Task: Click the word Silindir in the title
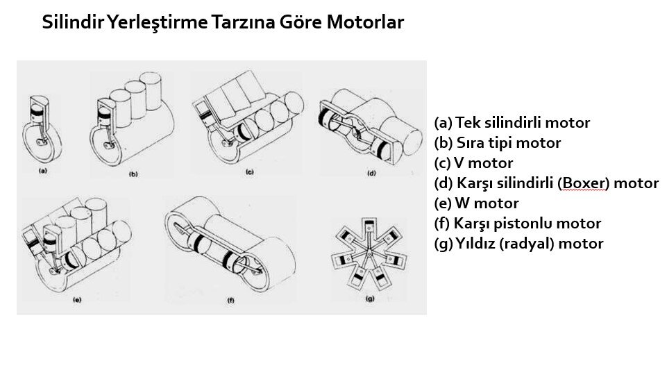[x=72, y=22]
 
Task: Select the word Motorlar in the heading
[x=365, y=22]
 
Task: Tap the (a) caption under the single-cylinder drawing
[x=43, y=171]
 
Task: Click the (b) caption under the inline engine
[x=133, y=174]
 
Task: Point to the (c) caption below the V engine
[x=250, y=172]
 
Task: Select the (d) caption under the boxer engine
[x=371, y=173]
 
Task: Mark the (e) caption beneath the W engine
[x=77, y=300]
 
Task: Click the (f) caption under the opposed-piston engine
[x=230, y=301]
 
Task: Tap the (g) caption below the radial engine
[x=370, y=299]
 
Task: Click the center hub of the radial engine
[x=369, y=254]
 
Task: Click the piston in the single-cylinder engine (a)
[x=38, y=115]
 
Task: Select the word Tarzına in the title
[x=242, y=22]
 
